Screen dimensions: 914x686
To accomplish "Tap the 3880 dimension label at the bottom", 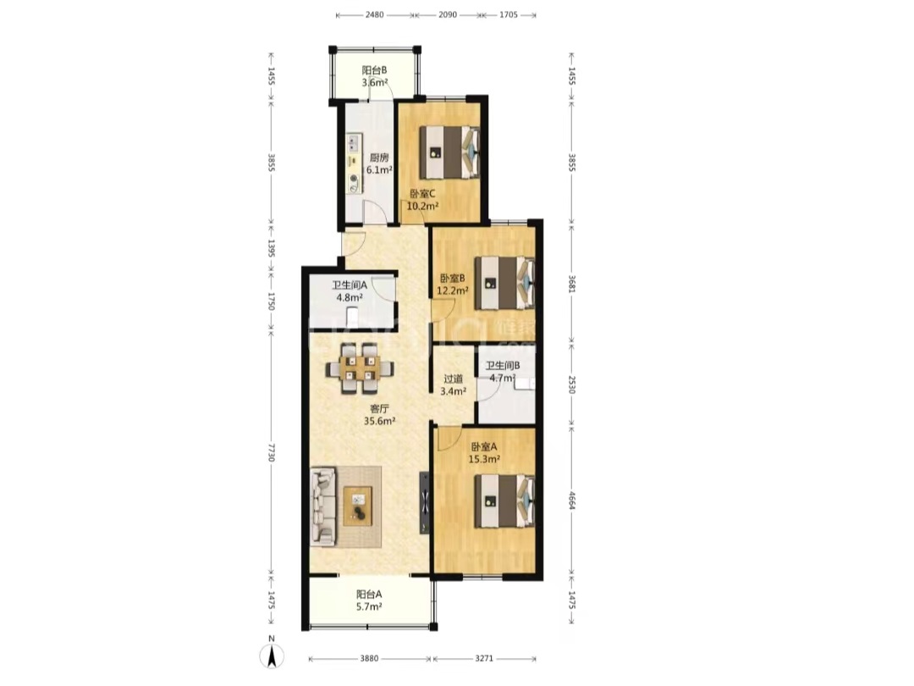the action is (x=369, y=659).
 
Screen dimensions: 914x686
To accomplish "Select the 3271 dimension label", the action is (x=484, y=659).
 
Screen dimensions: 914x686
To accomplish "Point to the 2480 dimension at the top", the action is (x=374, y=14).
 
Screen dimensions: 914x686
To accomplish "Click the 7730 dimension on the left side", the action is (x=271, y=452).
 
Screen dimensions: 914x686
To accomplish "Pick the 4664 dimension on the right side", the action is (x=572, y=501).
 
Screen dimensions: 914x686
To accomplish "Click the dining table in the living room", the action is (x=360, y=368).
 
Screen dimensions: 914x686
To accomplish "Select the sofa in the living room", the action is (x=324, y=506).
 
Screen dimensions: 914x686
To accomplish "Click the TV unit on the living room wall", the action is (x=424, y=503).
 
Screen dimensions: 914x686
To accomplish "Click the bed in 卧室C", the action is (x=450, y=152).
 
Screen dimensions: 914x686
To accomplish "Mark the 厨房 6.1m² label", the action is (x=379, y=164).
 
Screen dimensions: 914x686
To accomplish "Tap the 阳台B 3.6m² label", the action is (x=374, y=76).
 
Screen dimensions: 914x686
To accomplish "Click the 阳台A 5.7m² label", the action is (x=369, y=600).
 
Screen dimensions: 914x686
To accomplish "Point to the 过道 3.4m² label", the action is (x=453, y=385).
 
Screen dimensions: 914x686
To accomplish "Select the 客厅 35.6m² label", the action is (x=379, y=415).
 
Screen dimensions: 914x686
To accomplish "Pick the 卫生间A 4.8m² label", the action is (x=350, y=291).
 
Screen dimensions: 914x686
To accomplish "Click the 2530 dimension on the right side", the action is (x=572, y=385).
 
